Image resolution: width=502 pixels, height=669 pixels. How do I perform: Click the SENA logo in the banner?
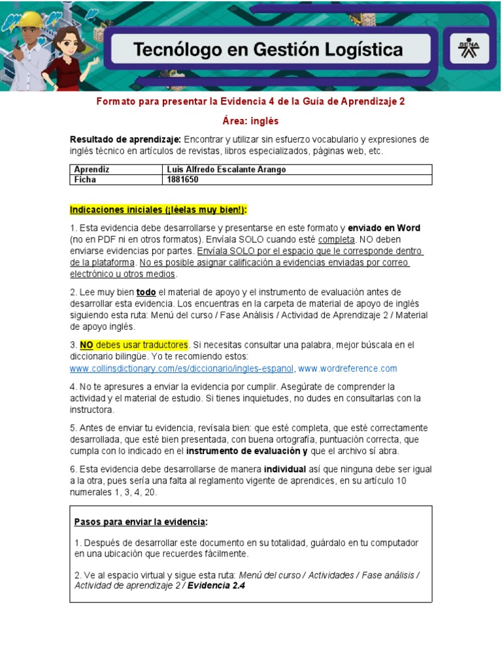pos(469,49)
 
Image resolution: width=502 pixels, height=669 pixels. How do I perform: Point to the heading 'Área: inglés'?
pos(251,121)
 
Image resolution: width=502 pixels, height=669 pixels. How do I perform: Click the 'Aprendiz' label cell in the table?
pos(92,169)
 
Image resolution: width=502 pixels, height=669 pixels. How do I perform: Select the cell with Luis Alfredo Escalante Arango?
pos(227,169)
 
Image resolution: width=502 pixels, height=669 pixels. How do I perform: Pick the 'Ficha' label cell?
pos(85,179)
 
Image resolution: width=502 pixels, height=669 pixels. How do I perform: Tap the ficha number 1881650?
pos(183,179)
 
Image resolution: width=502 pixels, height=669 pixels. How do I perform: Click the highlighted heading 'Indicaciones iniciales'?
pos(159,210)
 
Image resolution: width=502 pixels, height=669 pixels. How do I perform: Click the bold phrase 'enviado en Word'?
pos(384,228)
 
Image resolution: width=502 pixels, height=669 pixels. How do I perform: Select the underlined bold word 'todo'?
pos(146,292)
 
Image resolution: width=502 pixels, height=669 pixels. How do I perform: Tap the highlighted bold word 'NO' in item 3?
pos(86,344)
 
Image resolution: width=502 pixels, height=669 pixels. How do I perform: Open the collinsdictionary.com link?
pos(182,368)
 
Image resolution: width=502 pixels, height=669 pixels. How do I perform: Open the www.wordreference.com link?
pos(348,368)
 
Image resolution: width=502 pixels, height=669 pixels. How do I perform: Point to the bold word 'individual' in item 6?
pos(285,469)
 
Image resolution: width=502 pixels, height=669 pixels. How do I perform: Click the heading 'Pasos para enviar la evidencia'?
pos(141,522)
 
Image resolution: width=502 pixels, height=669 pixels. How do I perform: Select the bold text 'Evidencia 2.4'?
pos(216,585)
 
